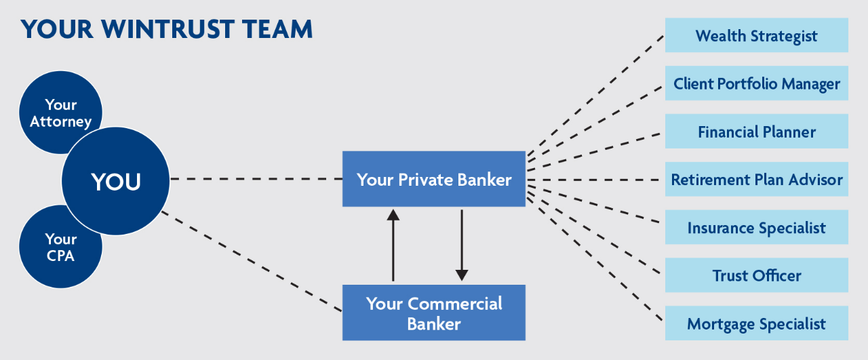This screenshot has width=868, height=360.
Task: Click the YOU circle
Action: click(115, 181)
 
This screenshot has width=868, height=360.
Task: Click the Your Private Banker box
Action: click(434, 179)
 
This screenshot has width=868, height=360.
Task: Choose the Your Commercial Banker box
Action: click(434, 313)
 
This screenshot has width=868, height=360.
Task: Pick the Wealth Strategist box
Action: click(756, 35)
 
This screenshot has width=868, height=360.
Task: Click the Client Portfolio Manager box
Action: click(756, 83)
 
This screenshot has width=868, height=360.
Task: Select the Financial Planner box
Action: click(756, 132)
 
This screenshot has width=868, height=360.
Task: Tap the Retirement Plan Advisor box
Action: click(756, 180)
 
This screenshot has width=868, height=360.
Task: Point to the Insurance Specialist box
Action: click(756, 227)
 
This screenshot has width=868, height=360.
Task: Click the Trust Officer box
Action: click(756, 275)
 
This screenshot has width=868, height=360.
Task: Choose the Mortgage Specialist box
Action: click(756, 323)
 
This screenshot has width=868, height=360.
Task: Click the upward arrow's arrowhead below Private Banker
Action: click(393, 216)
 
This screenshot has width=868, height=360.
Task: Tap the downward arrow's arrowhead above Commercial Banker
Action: click(462, 275)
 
